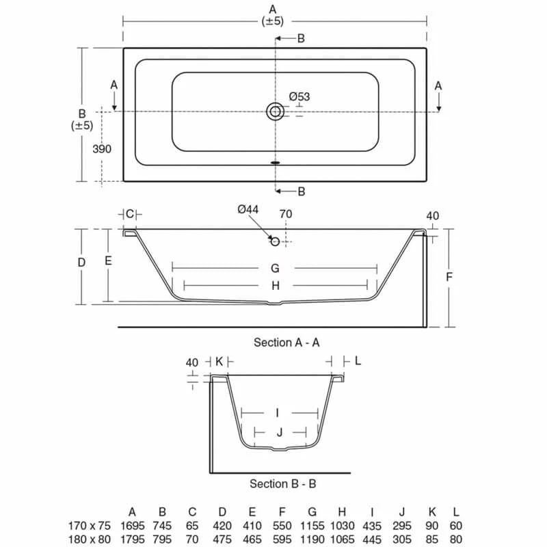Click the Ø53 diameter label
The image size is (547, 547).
(x=299, y=96)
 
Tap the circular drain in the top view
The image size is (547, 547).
(x=276, y=111)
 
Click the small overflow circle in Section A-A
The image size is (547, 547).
(x=275, y=241)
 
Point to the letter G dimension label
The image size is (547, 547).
(x=275, y=268)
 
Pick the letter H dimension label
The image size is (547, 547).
(x=276, y=286)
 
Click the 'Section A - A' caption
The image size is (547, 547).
(x=286, y=342)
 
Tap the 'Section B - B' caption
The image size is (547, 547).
(x=282, y=483)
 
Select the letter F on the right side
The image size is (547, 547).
(x=449, y=277)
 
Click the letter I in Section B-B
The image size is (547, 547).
(x=277, y=412)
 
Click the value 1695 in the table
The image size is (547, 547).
(x=133, y=525)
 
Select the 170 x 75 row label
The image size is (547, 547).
(x=89, y=525)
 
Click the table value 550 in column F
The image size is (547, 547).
(x=282, y=525)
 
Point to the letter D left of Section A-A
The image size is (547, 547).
(x=81, y=263)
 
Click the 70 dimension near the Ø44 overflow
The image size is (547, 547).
(x=286, y=214)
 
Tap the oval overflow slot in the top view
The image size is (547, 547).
(x=276, y=163)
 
